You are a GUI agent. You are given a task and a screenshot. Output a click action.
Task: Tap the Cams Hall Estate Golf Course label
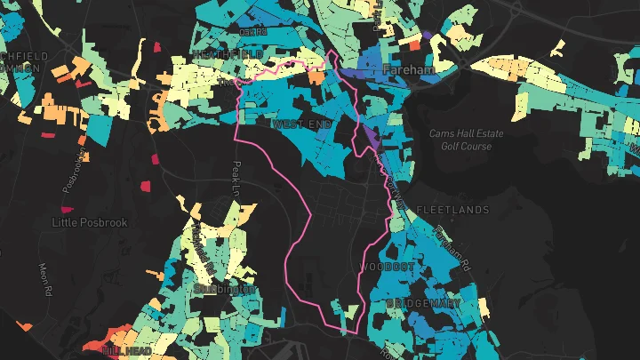pyautogui.click(x=466, y=140)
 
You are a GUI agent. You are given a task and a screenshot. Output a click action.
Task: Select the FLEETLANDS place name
pyautogui.click(x=452, y=210)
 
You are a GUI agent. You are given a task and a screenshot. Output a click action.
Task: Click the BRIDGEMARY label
pyautogui.click(x=424, y=303)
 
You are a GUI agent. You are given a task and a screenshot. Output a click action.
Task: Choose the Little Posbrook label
pyautogui.click(x=90, y=222)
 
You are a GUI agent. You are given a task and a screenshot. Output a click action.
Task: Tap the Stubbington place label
pyautogui.click(x=225, y=289)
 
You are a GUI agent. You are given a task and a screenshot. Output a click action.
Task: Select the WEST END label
pyautogui.click(x=301, y=124)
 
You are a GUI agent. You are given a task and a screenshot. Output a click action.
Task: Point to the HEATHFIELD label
pyautogui.click(x=228, y=54)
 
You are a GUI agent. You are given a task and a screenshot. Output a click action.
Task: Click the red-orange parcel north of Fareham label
pyautogui.click(x=413, y=42)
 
